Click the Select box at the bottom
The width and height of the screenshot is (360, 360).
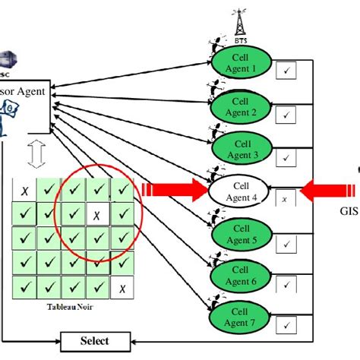pos(94,341)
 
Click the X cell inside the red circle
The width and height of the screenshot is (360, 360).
pos(96,214)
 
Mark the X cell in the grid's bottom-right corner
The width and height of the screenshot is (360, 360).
pos(121,289)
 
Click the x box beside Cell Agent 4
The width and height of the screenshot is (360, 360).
pos(285,199)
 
